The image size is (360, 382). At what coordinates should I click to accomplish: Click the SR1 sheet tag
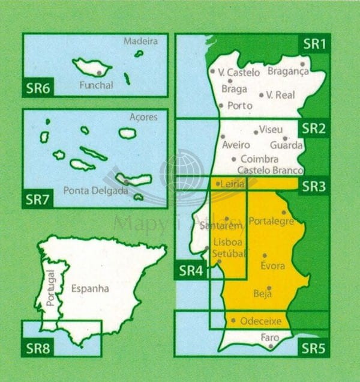(x=314, y=43)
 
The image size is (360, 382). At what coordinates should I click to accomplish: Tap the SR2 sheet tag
(x=314, y=128)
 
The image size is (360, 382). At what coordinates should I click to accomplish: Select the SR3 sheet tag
(x=314, y=186)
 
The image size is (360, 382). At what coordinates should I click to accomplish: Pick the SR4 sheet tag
(x=191, y=271)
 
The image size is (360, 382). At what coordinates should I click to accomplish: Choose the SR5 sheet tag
(x=314, y=348)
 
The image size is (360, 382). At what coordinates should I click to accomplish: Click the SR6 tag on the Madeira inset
(x=37, y=87)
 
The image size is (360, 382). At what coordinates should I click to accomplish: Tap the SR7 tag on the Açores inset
(x=37, y=198)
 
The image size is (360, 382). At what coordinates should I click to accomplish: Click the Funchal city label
(x=96, y=85)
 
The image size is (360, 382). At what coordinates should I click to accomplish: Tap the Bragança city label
(x=288, y=71)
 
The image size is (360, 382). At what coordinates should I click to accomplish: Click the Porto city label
(x=240, y=106)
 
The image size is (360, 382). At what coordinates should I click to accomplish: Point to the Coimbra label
(x=259, y=159)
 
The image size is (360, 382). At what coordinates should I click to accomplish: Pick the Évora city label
(x=273, y=265)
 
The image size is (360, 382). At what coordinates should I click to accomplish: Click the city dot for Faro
(x=272, y=346)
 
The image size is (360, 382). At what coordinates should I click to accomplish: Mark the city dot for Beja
(x=269, y=288)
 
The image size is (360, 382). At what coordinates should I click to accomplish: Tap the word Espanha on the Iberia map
(x=90, y=288)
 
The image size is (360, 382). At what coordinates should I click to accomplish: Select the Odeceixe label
(x=260, y=321)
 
